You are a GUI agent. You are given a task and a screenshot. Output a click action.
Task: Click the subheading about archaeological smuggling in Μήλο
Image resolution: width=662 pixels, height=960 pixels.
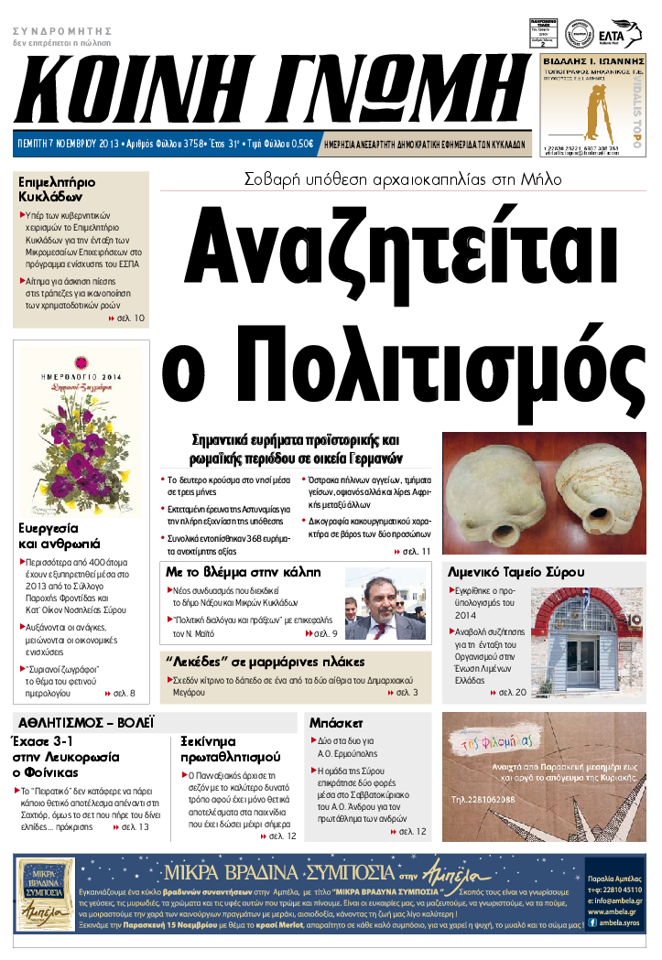(402, 180)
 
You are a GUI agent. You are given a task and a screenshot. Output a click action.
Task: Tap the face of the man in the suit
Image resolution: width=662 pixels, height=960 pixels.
(382, 599)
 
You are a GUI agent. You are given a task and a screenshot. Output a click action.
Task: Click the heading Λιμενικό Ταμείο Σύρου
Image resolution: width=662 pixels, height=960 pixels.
(509, 572)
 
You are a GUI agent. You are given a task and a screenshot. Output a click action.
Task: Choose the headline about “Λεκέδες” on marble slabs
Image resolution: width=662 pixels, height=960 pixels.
(266, 661)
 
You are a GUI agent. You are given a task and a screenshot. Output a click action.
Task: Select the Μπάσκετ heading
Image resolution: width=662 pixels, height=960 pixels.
(337, 722)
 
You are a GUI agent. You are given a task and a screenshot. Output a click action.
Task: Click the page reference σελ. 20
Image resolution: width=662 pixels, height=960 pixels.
(510, 693)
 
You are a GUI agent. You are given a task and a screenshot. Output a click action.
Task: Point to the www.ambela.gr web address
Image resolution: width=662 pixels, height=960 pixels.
(615, 911)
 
